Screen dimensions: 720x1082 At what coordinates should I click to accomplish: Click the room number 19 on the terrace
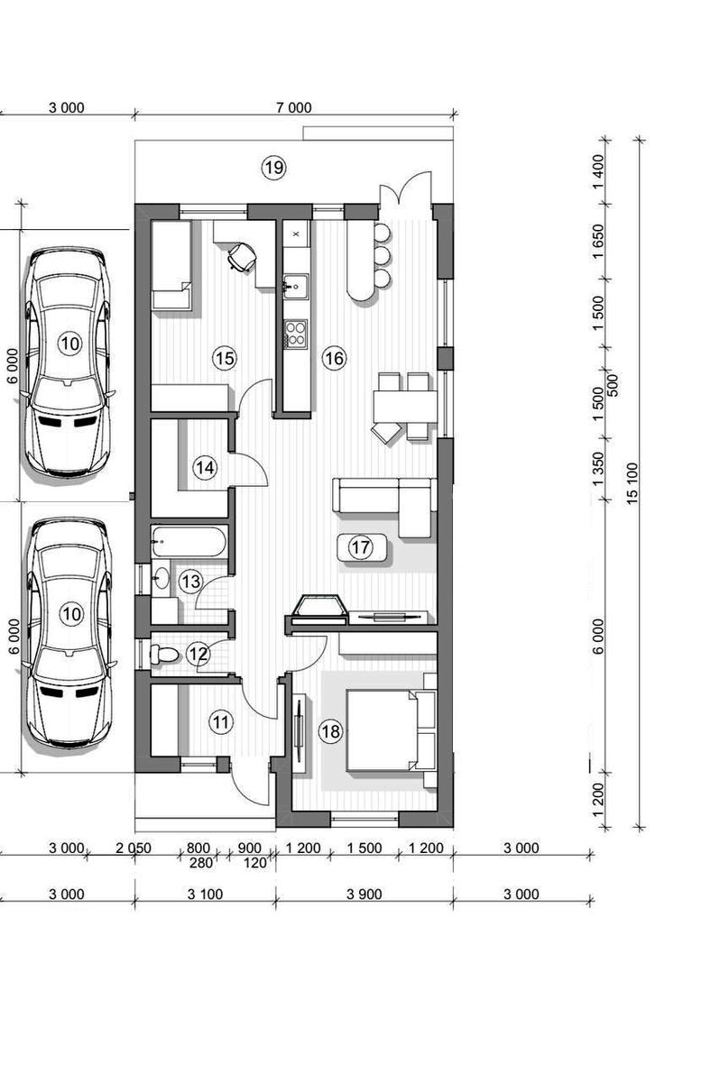[x=273, y=168]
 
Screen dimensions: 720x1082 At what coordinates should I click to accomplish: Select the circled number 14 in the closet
[x=205, y=468]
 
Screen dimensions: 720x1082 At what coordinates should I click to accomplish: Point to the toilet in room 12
[x=164, y=655]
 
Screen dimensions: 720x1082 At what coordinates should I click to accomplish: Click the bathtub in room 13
[x=189, y=541]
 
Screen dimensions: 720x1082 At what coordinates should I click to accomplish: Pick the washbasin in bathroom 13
[x=161, y=576]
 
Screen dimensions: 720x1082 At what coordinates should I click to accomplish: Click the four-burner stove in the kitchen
[x=295, y=333]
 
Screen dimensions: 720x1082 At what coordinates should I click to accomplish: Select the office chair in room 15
[x=241, y=256]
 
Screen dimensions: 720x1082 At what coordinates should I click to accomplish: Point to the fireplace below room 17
[x=319, y=606]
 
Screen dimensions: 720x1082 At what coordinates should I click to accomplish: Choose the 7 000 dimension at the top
[x=294, y=107]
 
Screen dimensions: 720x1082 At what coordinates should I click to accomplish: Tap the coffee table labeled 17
[x=362, y=547]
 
